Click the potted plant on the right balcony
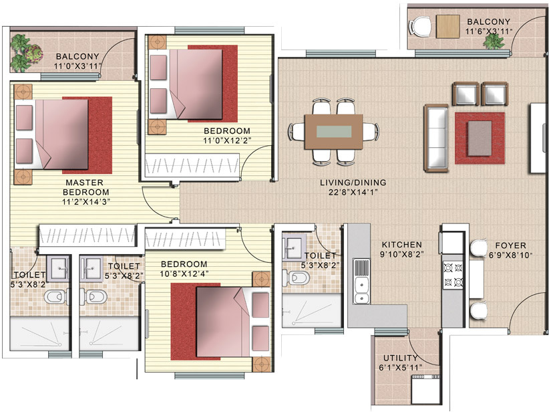coord(494,41)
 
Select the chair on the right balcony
coord(420,26)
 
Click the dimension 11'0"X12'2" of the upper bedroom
coord(227,140)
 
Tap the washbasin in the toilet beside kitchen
coord(293,247)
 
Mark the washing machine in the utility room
coord(423,390)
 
